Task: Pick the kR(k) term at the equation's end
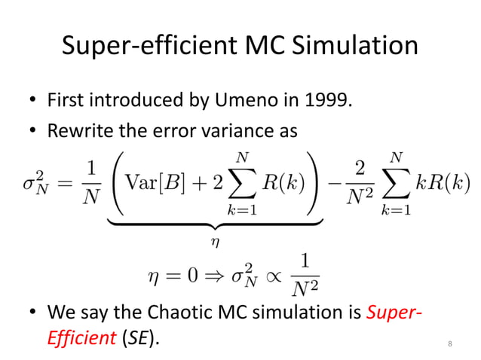pos(446,182)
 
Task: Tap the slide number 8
pos(449,344)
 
